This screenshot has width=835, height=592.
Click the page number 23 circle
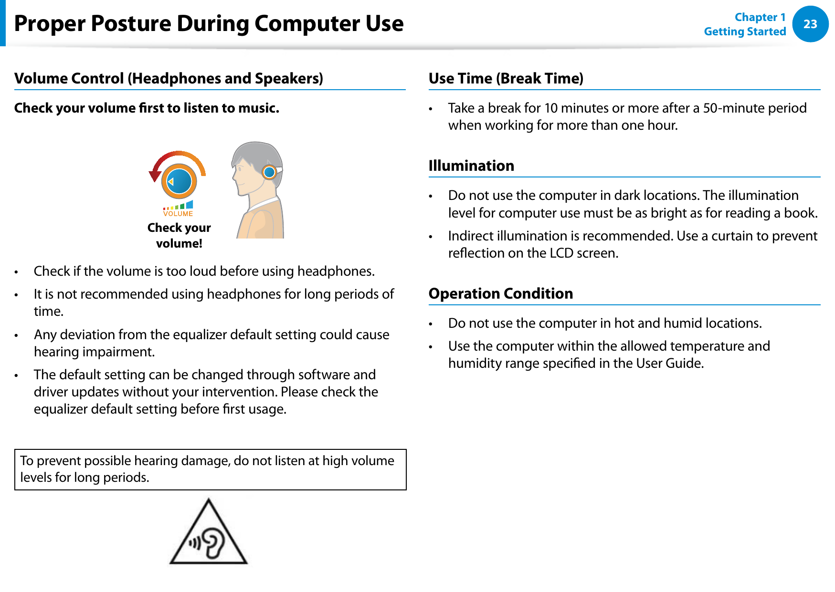click(x=810, y=24)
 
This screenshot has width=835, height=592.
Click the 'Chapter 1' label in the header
click(x=760, y=17)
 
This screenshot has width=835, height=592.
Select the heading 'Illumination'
click(x=471, y=166)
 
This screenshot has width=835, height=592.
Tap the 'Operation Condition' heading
click(x=500, y=293)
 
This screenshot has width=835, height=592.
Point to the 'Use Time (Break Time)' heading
click(x=506, y=78)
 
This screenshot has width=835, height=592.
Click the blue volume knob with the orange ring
click(x=179, y=181)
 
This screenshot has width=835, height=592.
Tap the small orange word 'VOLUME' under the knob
click(x=178, y=214)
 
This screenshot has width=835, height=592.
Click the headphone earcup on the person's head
click(x=270, y=172)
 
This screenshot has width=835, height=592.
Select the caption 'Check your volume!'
click(x=179, y=235)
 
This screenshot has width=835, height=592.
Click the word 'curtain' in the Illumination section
click(x=740, y=236)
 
